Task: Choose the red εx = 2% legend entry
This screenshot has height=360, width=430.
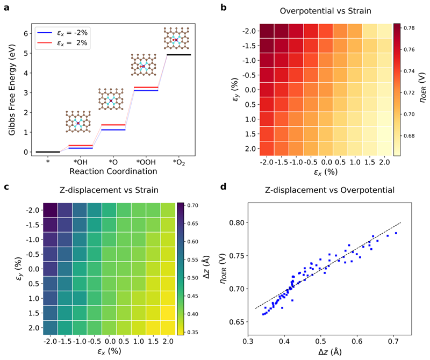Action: pos(64,43)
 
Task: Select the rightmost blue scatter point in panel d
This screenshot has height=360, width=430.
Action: pos(396,233)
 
